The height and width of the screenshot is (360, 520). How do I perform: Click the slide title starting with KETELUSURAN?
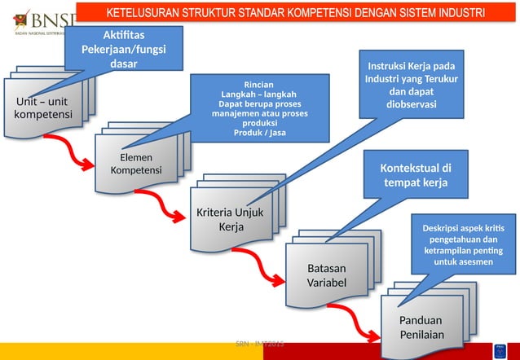(296, 14)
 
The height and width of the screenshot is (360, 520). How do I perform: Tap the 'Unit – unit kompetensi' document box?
(42, 108)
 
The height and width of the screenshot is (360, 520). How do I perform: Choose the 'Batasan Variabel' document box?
(326, 275)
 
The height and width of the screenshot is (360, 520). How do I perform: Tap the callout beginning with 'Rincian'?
(258, 108)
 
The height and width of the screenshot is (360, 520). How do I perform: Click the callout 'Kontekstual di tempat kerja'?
(416, 175)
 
